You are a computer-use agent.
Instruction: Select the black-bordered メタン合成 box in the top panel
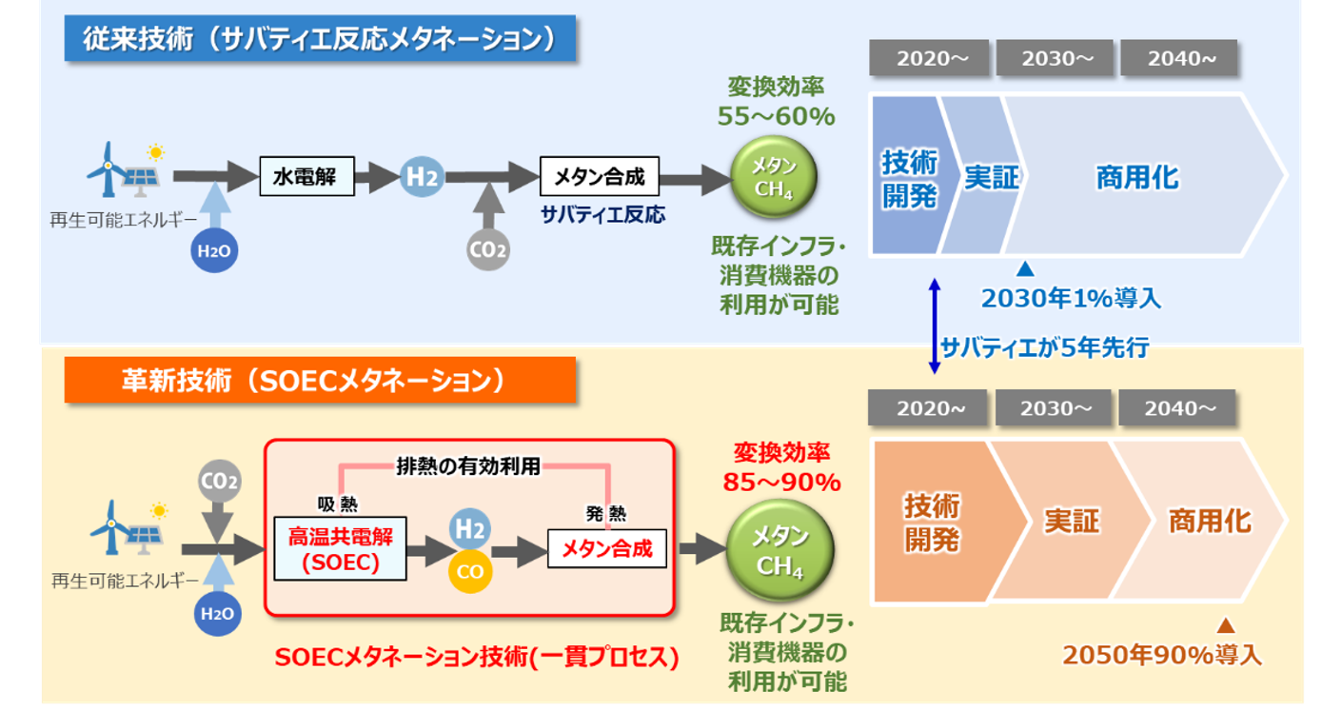[599, 177]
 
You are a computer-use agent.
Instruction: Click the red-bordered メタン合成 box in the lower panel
[606, 549]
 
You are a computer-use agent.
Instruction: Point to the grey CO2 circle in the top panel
[488, 250]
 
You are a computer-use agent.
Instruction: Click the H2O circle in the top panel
[215, 251]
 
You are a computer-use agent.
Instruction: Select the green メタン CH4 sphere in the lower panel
[779, 552]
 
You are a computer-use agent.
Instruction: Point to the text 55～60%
[776, 117]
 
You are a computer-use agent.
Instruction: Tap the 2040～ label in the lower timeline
[1177, 408]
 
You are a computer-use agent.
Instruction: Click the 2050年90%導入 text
[1162, 655]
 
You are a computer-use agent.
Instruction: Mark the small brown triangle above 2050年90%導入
[1226, 626]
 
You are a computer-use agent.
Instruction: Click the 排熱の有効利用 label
[468, 465]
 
